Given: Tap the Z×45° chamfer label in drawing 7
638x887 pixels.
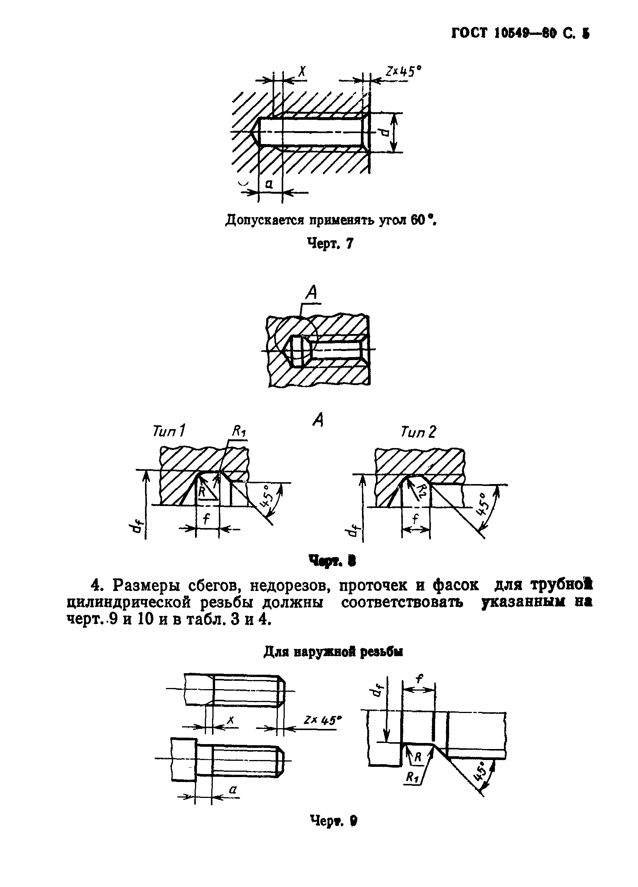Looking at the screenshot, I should pos(404,72).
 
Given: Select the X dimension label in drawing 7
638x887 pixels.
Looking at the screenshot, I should pos(302,72).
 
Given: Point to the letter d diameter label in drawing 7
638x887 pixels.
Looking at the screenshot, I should pos(384,133).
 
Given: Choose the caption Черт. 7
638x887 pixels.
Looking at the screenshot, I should pos(330,244).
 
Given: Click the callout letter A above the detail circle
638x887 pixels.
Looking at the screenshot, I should pos(311,292).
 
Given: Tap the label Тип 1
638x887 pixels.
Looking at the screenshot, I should pos(168,431).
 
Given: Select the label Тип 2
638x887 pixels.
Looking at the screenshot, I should pos(418,432).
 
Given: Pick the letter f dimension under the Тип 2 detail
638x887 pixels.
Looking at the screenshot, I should pos(416,519).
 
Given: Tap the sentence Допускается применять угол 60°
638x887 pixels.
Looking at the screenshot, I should pos(330,221).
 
